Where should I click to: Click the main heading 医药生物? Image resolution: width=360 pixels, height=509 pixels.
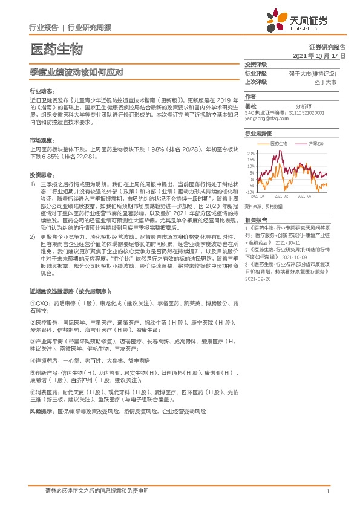click(56, 49)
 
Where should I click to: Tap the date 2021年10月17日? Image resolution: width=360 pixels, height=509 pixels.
click(319, 56)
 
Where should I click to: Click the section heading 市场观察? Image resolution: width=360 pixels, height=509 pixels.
click(40, 140)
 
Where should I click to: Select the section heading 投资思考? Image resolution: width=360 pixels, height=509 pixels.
click(40, 172)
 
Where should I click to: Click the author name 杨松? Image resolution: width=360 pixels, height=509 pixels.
click(250, 105)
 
